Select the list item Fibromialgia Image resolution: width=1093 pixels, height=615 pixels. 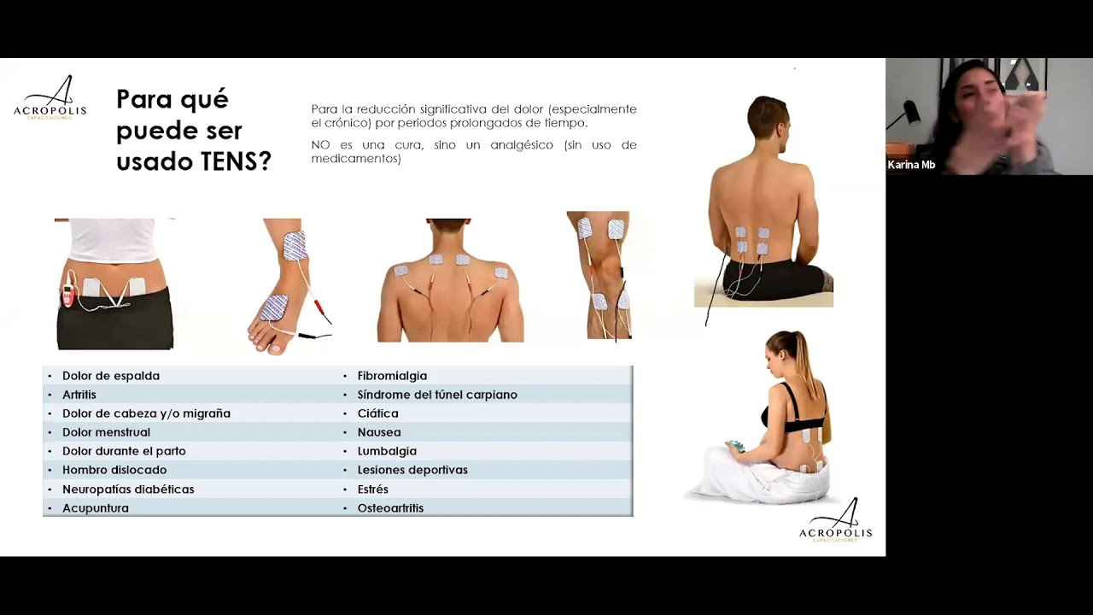click(x=392, y=376)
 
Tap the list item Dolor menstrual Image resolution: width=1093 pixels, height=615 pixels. click(x=106, y=432)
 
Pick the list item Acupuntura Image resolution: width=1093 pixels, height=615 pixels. click(x=96, y=508)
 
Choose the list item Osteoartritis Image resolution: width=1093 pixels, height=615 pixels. click(x=390, y=508)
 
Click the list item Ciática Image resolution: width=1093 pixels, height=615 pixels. click(x=377, y=413)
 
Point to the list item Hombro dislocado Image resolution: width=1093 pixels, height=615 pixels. click(x=114, y=470)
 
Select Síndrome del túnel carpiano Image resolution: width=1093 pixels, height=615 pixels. click(x=437, y=395)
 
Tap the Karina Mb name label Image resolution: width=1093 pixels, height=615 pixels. click(x=911, y=165)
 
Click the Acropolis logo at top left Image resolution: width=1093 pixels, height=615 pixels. click(x=50, y=98)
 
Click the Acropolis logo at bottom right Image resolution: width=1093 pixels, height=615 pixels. click(x=835, y=521)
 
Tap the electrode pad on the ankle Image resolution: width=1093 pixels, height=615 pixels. click(x=295, y=245)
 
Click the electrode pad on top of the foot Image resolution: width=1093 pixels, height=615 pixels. click(x=274, y=307)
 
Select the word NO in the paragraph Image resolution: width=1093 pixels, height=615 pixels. click(x=320, y=145)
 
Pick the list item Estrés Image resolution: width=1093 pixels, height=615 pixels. click(x=373, y=489)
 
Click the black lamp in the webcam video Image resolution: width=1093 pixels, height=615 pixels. click(x=909, y=112)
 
